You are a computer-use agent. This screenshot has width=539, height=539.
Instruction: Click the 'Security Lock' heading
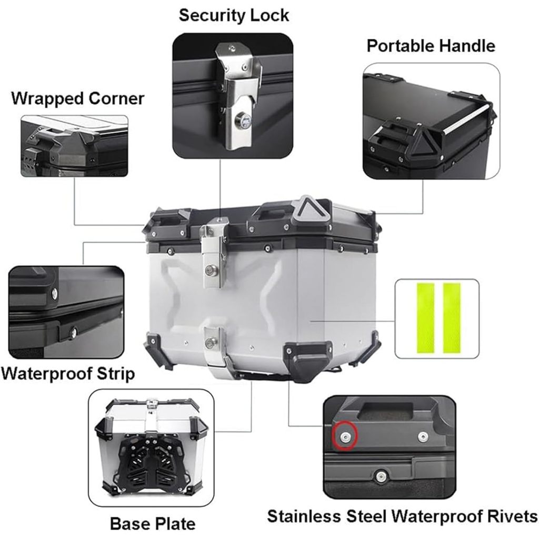coord(234,16)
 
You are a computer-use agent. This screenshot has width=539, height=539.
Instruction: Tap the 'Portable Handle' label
coord(431,46)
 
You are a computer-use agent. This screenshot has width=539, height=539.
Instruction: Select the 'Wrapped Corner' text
coord(78,99)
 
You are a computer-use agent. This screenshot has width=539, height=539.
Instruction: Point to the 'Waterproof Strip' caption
coord(68,374)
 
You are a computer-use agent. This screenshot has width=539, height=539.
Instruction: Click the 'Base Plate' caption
coord(153,524)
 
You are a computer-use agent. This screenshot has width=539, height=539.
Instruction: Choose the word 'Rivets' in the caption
coord(512,516)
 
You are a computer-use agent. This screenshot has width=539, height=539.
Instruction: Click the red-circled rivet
coord(345,436)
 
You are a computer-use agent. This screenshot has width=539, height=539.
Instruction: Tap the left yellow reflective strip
coord(425,318)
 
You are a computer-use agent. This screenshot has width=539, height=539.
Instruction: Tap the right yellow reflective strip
coord(452,318)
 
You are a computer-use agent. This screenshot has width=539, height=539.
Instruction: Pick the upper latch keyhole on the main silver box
coord(209,271)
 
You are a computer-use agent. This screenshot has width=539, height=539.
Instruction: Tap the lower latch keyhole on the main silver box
coord(210,342)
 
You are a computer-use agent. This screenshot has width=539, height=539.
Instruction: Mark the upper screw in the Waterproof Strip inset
coord(54,293)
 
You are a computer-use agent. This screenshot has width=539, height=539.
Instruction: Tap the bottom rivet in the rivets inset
coord(380,476)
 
